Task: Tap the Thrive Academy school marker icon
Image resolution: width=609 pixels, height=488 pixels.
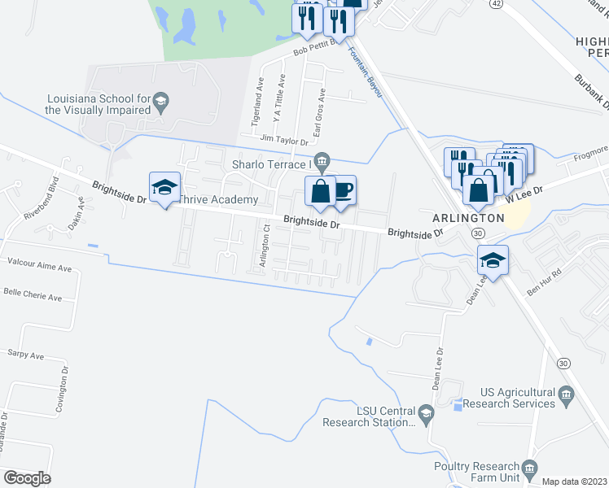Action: pos(164,188)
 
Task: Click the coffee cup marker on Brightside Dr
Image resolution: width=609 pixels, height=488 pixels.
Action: pos(343,190)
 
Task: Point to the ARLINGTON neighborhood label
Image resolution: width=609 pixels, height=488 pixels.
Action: pos(469,219)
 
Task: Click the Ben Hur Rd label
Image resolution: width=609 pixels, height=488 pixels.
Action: pos(545,281)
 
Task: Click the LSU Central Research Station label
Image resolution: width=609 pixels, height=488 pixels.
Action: pos(369,416)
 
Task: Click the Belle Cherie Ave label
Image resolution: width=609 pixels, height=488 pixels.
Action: pos(33,297)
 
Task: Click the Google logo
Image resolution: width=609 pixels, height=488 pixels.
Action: pos(27,478)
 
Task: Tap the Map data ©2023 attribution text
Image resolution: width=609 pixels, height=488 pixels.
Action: pos(575,481)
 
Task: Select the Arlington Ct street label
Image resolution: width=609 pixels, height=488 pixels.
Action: pos(263,251)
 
